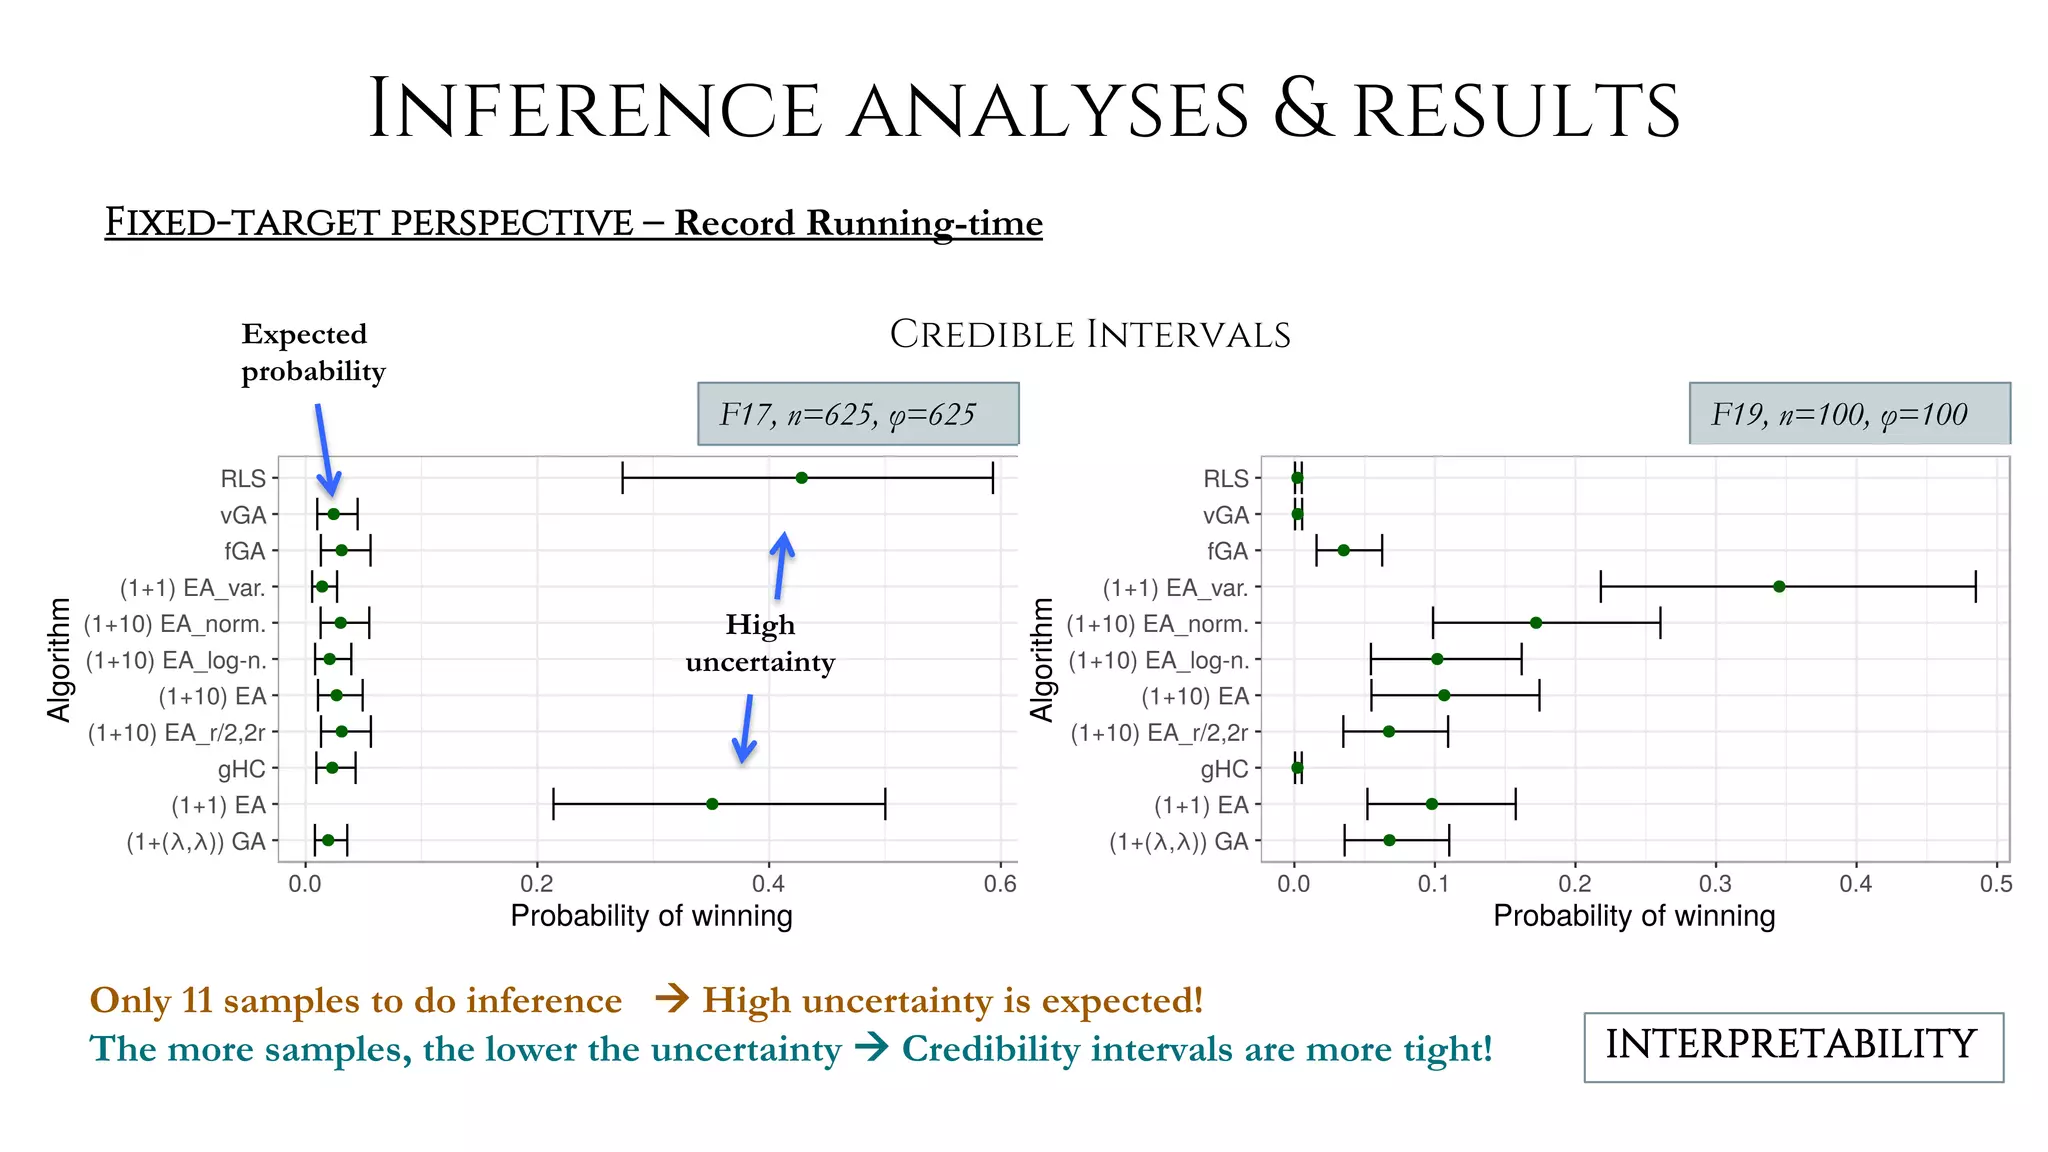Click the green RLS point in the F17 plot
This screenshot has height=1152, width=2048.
point(801,478)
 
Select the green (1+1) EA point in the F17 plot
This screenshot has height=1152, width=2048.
point(712,804)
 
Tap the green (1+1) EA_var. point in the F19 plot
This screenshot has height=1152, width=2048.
point(1779,587)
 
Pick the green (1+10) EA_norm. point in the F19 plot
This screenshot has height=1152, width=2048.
point(1536,623)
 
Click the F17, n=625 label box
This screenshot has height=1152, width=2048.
point(858,414)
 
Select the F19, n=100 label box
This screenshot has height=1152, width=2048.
point(1849,414)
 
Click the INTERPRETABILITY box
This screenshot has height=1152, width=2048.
point(1793,1046)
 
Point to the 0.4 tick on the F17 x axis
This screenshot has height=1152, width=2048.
point(768,884)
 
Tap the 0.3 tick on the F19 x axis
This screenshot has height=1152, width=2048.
point(1715,884)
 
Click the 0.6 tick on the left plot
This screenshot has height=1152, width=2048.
point(999,884)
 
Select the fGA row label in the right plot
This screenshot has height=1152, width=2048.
point(1227,551)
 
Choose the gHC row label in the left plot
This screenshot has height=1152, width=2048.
point(242,769)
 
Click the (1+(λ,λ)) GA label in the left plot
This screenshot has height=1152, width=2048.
point(196,842)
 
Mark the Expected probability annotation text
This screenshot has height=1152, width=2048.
point(313,352)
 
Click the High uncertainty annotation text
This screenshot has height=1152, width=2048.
point(760,643)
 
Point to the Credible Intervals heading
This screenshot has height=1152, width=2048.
point(1090,334)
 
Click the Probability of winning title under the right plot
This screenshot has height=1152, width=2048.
point(1634,916)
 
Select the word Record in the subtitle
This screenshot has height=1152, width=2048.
point(736,222)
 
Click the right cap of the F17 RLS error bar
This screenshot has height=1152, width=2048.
point(993,478)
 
